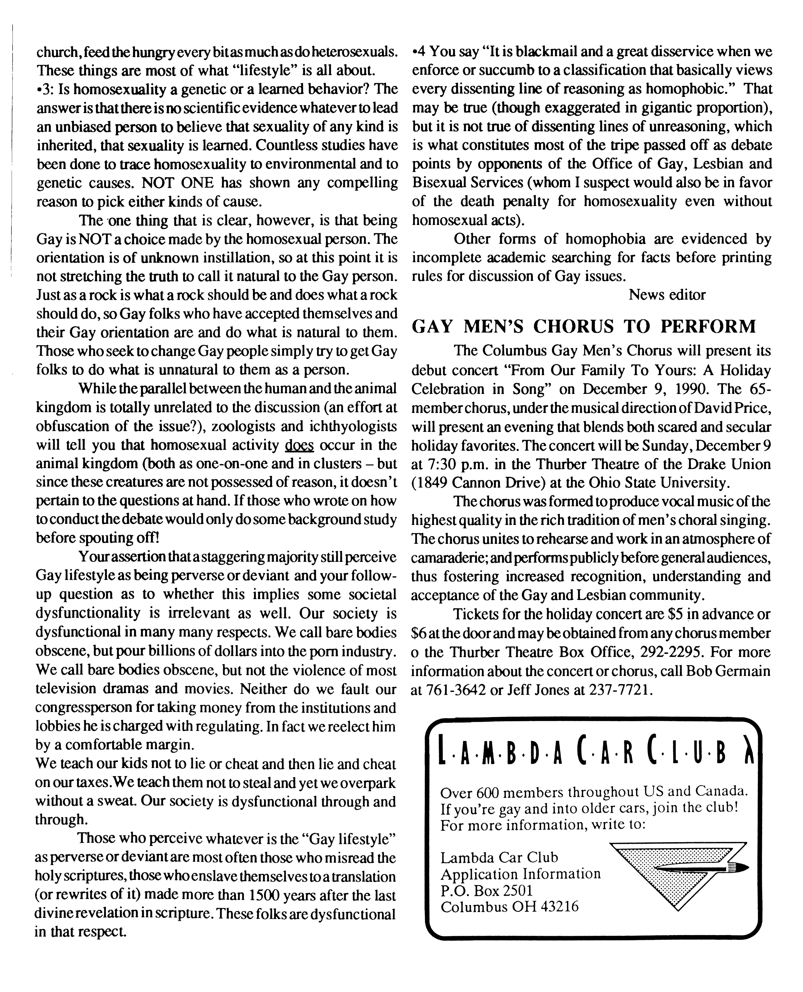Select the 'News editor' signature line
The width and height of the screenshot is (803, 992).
(x=667, y=295)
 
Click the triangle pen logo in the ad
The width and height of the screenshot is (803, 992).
(x=678, y=870)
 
